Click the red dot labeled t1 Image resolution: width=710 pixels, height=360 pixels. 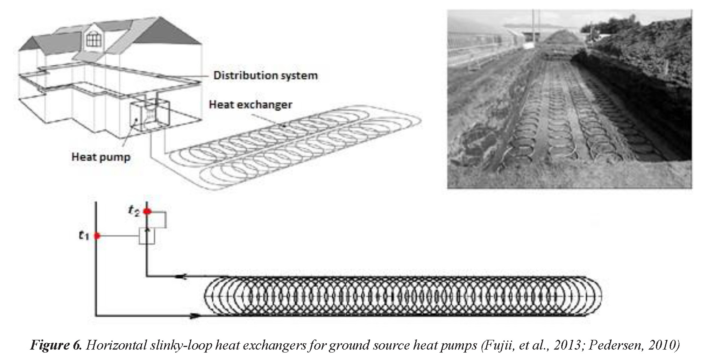[x=97, y=236]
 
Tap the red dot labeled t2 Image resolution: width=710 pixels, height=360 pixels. [x=147, y=212]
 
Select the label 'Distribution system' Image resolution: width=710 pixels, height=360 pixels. [x=265, y=76]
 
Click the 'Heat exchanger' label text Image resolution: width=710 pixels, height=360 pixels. [x=250, y=105]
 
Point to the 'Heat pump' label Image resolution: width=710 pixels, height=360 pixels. [x=101, y=157]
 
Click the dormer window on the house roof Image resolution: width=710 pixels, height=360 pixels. [x=94, y=39]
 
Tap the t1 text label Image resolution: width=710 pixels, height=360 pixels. [x=84, y=235]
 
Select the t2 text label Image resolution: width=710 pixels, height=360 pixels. [x=134, y=211]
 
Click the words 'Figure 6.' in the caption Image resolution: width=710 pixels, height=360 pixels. [x=56, y=345]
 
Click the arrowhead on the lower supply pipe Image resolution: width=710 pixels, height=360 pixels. [x=195, y=316]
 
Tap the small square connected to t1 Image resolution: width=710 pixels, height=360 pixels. [x=147, y=236]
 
